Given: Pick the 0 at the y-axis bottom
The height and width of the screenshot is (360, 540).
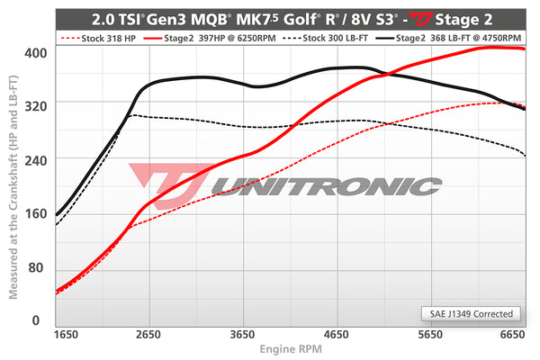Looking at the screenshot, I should point(36,319).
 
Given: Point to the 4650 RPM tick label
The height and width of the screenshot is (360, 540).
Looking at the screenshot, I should point(336,335).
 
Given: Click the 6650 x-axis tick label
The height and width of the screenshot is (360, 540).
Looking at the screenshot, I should point(513,335).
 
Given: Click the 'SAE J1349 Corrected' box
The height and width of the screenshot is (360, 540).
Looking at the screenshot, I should point(471,314).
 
